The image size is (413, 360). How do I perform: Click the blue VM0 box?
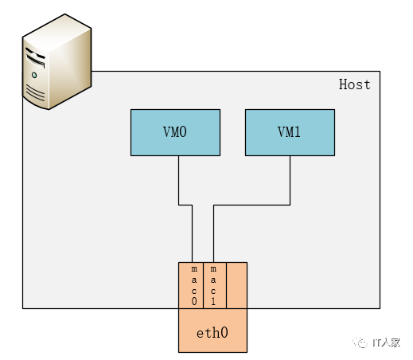pyautogui.click(x=174, y=132)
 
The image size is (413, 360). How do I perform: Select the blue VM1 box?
pyautogui.click(x=289, y=132)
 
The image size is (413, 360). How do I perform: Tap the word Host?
pyautogui.click(x=354, y=84)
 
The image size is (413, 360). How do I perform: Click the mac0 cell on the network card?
pyautogui.click(x=193, y=285)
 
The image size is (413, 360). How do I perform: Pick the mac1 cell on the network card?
pyautogui.click(x=212, y=285)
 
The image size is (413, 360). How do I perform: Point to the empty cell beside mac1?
pyautogui.click(x=236, y=285)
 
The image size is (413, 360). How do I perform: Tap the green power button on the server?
pyautogui.click(x=34, y=75)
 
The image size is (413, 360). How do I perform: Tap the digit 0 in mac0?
pyautogui.click(x=193, y=302)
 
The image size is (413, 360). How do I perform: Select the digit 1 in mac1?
pyautogui.click(x=212, y=302)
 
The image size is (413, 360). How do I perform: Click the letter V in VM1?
pyautogui.click(x=281, y=132)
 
